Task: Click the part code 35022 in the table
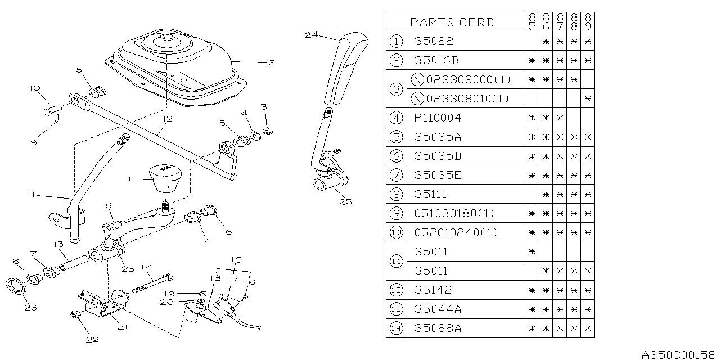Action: tap(434, 41)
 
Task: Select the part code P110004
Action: tap(438, 118)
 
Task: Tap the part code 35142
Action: tap(433, 290)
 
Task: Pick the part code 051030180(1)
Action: tap(456, 214)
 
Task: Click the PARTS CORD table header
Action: tap(452, 22)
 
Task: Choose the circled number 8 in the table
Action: tap(397, 195)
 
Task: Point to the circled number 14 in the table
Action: tap(397, 328)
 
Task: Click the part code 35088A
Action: tap(438, 328)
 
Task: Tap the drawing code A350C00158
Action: tap(679, 353)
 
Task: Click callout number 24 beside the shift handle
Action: tap(311, 35)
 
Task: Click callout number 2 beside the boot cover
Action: tap(271, 62)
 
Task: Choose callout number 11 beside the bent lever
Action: tap(31, 195)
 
